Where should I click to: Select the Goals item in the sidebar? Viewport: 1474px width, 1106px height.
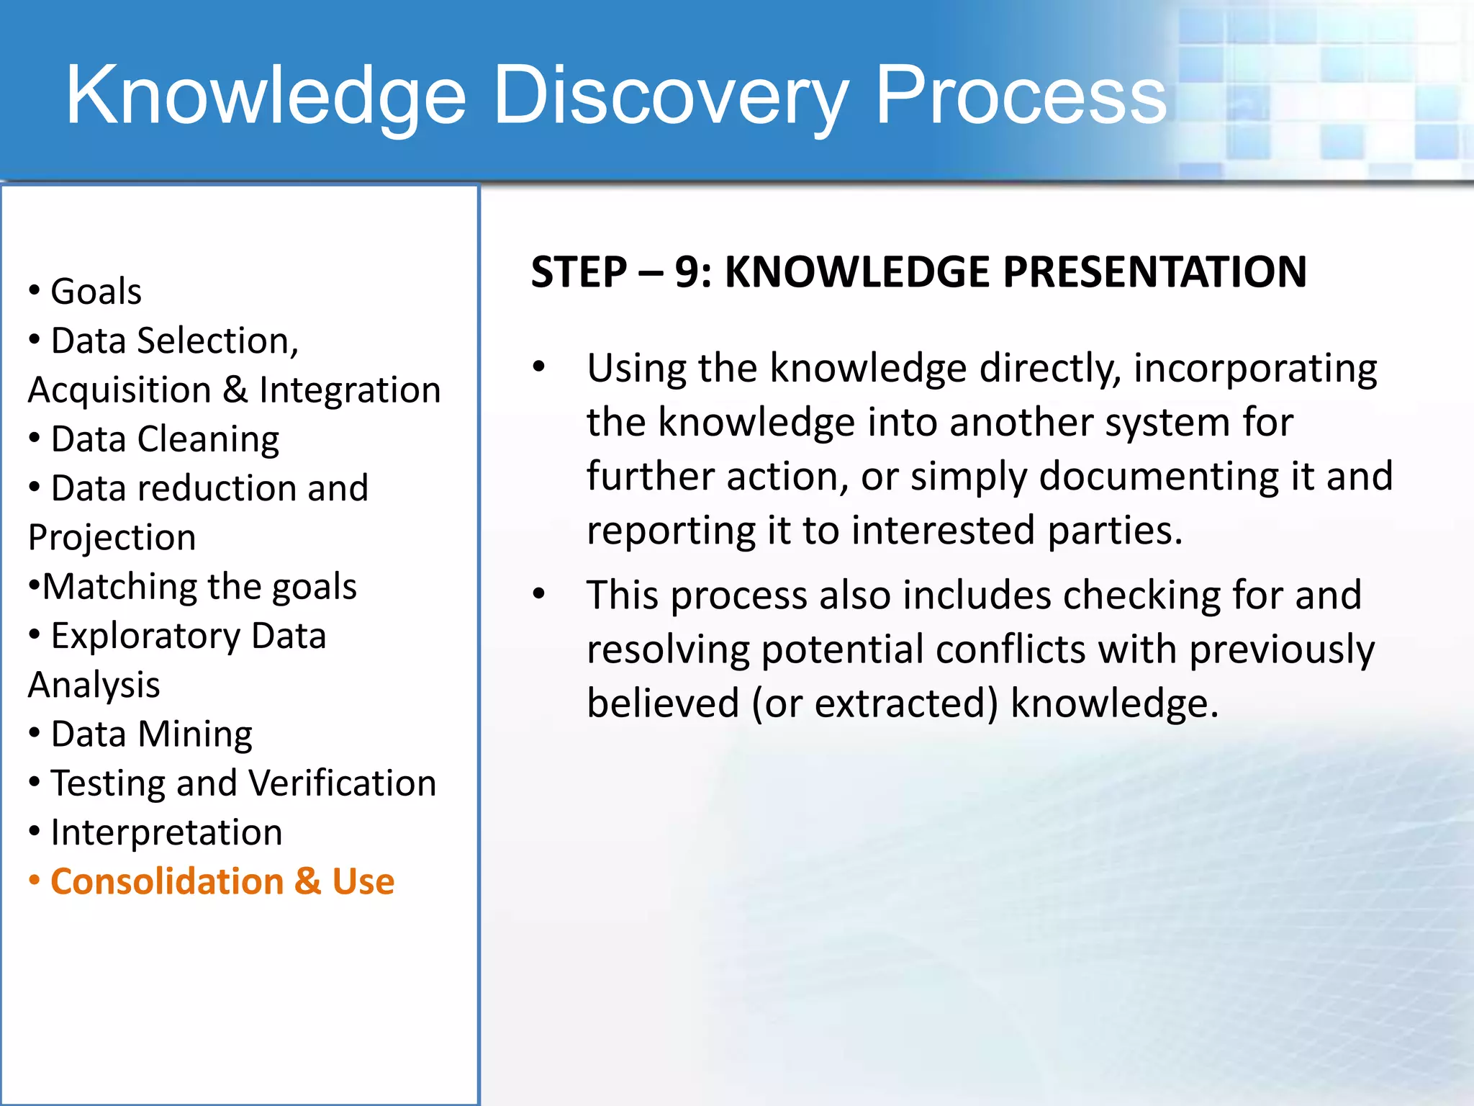pos(96,292)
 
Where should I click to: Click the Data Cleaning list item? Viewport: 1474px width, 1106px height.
pos(165,439)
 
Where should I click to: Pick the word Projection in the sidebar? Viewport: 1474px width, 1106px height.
pos(112,537)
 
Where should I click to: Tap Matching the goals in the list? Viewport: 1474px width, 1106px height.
pos(199,586)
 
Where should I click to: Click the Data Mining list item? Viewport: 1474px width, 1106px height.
pos(151,734)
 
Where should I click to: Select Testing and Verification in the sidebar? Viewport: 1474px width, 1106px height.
pos(243,783)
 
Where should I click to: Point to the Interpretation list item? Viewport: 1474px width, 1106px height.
pos(166,832)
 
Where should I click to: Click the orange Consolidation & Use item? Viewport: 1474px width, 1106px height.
pos(222,881)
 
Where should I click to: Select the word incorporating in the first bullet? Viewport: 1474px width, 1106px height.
pos(1254,369)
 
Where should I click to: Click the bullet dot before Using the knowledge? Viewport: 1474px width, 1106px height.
pos(539,368)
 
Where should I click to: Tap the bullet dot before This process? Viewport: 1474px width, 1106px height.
pos(539,595)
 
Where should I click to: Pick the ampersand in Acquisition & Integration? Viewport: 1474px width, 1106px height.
pos(235,390)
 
